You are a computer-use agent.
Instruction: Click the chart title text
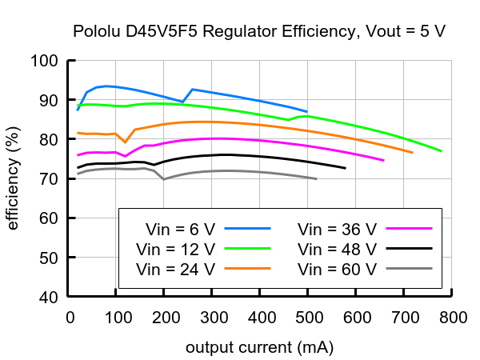tap(259, 32)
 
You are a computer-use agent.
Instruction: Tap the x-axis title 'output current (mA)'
tap(259, 348)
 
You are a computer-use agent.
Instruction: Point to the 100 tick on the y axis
tap(45, 61)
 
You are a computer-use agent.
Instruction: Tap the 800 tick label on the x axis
tap(453, 318)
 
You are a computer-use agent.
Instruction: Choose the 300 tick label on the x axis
tap(213, 318)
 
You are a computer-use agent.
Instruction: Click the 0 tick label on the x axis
tap(70, 318)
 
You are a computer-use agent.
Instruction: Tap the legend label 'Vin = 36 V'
tap(336, 228)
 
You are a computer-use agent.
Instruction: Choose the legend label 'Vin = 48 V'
tap(336, 248)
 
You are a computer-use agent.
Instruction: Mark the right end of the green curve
tap(441, 151)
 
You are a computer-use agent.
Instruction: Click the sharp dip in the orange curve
tap(126, 142)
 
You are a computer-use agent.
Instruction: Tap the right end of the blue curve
tap(307, 112)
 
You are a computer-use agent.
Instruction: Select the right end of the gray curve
tap(317, 178)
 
